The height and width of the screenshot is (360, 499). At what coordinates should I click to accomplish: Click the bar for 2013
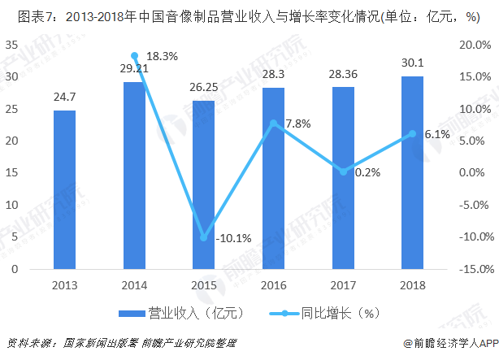pos(65,189)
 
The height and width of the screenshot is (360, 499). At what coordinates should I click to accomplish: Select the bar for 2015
pos(203,184)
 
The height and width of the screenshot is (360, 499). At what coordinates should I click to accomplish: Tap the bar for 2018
pos(412,172)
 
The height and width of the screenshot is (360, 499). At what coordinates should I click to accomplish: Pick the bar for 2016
pos(273,178)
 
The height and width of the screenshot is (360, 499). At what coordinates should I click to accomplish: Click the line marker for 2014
pos(134,55)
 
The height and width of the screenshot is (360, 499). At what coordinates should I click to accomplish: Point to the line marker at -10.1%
pos(203,237)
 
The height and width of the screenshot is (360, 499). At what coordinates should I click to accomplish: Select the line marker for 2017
pos(343,171)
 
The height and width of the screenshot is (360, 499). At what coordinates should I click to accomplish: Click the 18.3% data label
pos(163,56)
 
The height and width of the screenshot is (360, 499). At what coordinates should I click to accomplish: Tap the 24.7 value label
pos(65,98)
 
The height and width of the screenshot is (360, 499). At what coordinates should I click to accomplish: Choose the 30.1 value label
pos(412,63)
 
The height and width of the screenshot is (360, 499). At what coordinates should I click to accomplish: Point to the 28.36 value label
pos(343,75)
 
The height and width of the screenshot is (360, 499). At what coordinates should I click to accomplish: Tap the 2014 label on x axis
pos(134,284)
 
